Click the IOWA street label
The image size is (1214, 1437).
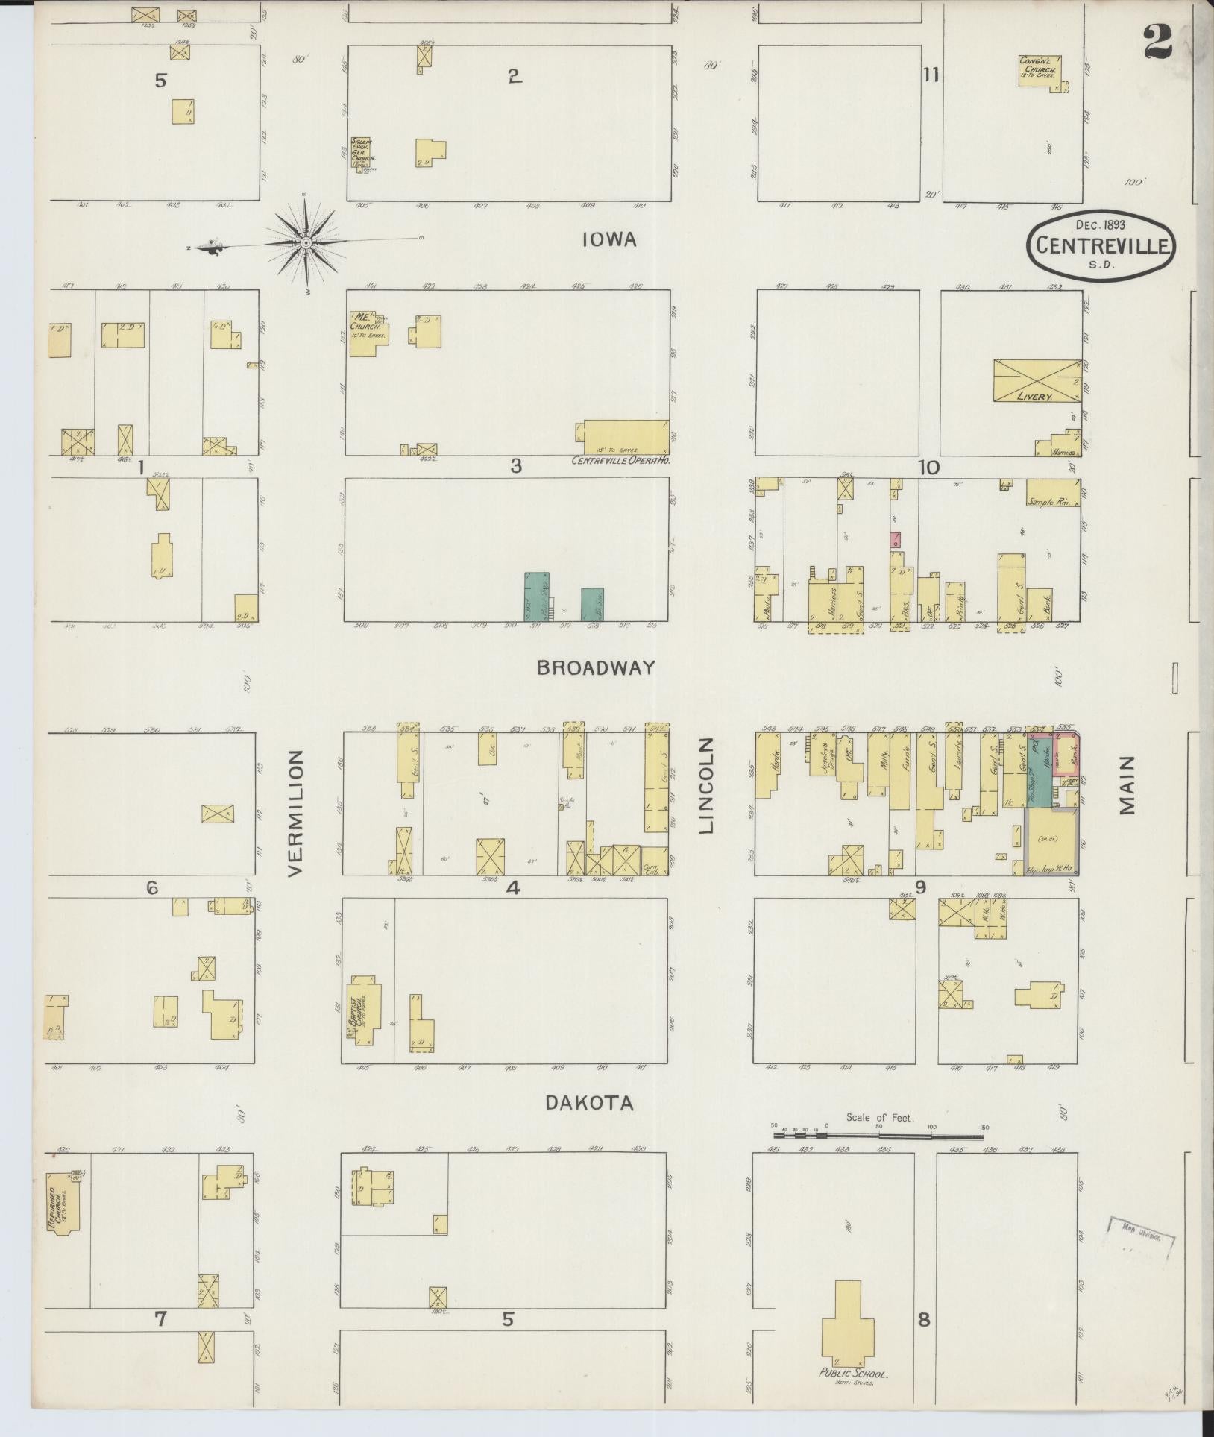[610, 239]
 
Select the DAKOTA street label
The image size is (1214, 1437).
[590, 1103]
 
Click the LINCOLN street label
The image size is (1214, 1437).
[707, 785]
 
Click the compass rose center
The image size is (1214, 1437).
[306, 243]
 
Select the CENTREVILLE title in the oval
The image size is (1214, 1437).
[1101, 245]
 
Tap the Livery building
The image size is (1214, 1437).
[1037, 382]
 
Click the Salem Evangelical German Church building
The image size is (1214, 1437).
[363, 152]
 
